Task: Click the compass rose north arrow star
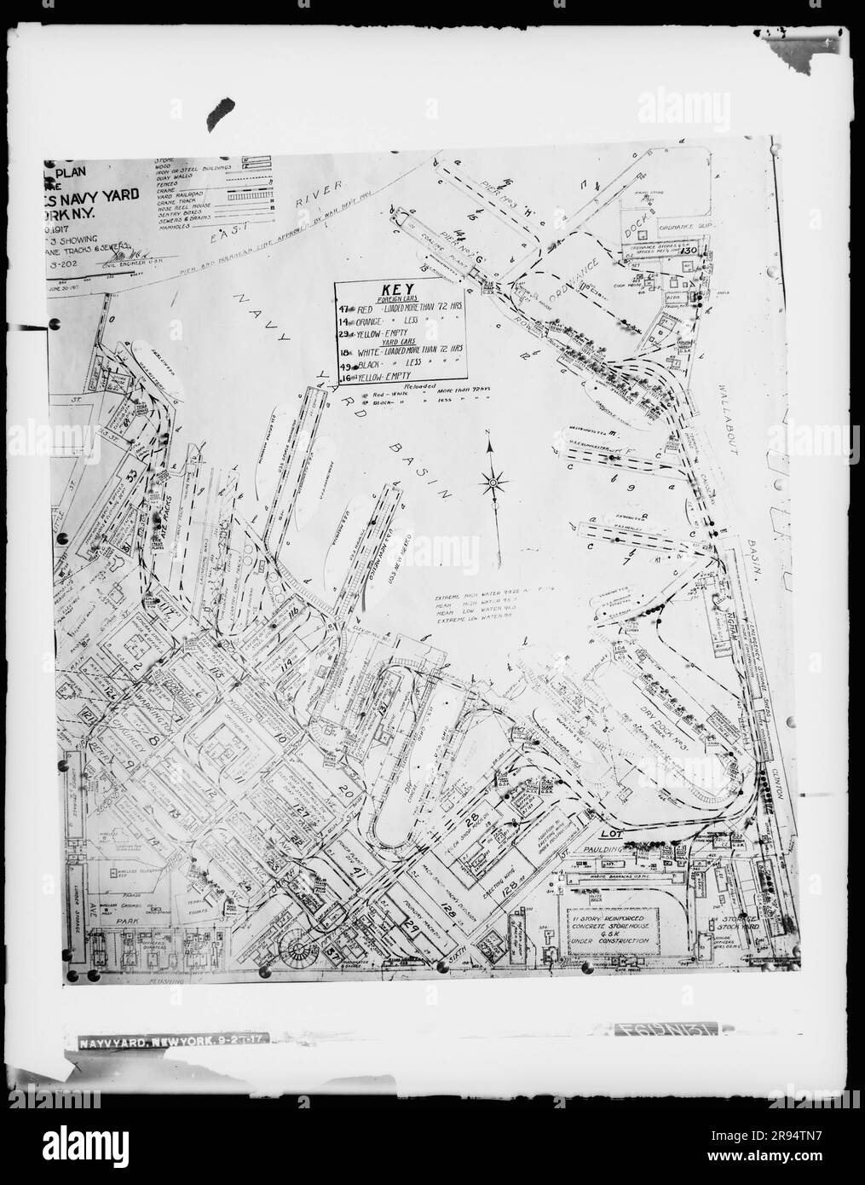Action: coord(493,484)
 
